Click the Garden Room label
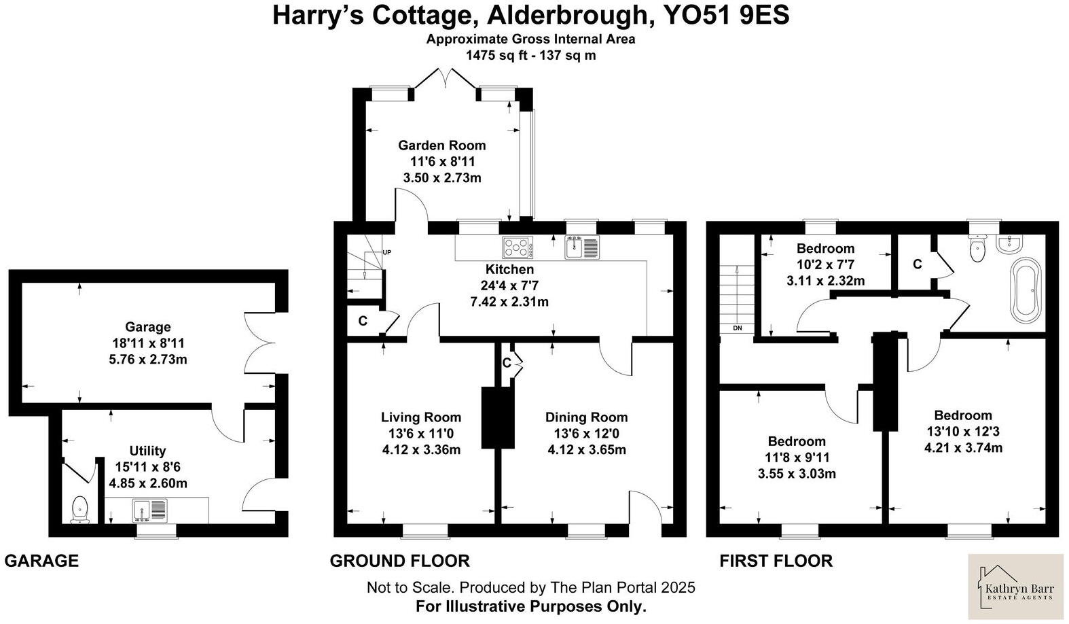point(441,145)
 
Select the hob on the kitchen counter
point(518,247)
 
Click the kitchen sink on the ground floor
point(582,247)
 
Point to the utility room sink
point(150,510)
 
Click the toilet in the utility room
point(80,510)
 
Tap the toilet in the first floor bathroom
point(978,249)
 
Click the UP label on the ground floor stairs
point(386,252)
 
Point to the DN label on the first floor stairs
point(738,328)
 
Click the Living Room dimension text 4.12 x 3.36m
point(421,449)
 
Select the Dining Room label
point(586,417)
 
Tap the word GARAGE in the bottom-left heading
point(41,561)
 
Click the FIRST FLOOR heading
point(776,561)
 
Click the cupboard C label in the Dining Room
point(507,363)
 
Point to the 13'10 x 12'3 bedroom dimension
point(963,431)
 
